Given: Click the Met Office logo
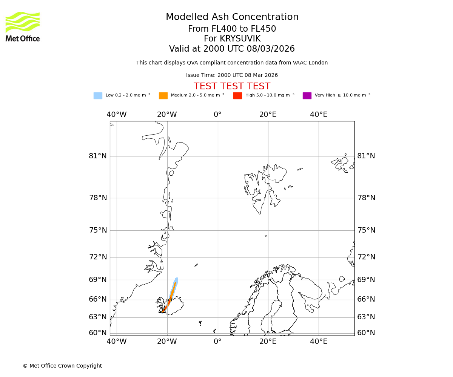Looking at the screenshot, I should point(23,26).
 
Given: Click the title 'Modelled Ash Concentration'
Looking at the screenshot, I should point(232,17).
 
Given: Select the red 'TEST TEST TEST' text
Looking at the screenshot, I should point(232,87).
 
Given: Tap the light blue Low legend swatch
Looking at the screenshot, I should point(98,96).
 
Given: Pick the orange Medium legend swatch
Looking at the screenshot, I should point(163,96).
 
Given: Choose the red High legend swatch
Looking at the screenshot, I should point(237,96).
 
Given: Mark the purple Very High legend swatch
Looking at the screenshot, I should point(307,96).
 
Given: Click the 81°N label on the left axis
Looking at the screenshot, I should point(98,156).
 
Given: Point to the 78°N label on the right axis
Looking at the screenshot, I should point(366,198).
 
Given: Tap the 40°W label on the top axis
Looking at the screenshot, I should point(116,115).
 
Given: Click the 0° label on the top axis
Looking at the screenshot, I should point(217,115).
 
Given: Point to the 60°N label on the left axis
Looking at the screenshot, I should point(98,333).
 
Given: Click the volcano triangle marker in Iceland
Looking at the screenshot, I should point(162,310).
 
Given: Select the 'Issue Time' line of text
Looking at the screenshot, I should point(232,75).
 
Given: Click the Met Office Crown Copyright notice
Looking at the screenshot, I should point(62,366).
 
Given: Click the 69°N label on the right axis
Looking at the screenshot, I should point(366,280).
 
